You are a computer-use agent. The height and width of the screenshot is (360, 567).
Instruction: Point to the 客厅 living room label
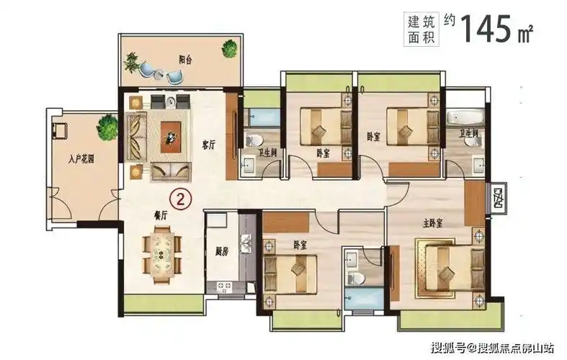(209, 143)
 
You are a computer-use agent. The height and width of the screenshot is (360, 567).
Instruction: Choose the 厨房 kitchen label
(222, 252)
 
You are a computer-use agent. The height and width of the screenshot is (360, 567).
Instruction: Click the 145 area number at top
(489, 27)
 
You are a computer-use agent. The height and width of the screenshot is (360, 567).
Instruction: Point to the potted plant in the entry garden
(107, 127)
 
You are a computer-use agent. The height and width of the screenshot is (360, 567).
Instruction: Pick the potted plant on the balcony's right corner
(230, 49)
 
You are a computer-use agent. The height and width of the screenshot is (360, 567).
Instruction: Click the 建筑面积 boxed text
(414, 27)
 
